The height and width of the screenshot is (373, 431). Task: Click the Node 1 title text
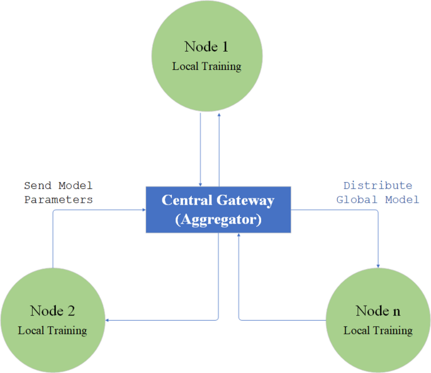[x=206, y=47]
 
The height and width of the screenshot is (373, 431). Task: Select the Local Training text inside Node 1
[x=206, y=66]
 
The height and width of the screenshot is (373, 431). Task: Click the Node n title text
[x=378, y=311]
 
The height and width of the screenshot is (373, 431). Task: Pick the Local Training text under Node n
[x=378, y=330]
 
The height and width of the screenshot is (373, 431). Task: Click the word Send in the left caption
[x=38, y=185]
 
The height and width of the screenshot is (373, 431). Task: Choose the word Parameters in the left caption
[x=59, y=199]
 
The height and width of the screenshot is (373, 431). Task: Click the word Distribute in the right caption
[x=378, y=185]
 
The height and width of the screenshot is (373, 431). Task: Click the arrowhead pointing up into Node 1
[x=219, y=116]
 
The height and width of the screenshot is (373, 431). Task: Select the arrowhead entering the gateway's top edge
[x=200, y=183]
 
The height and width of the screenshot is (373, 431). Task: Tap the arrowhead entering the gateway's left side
[x=143, y=210]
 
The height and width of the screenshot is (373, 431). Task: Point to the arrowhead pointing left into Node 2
[x=108, y=320]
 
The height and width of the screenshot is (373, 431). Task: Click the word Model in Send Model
[x=76, y=185]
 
